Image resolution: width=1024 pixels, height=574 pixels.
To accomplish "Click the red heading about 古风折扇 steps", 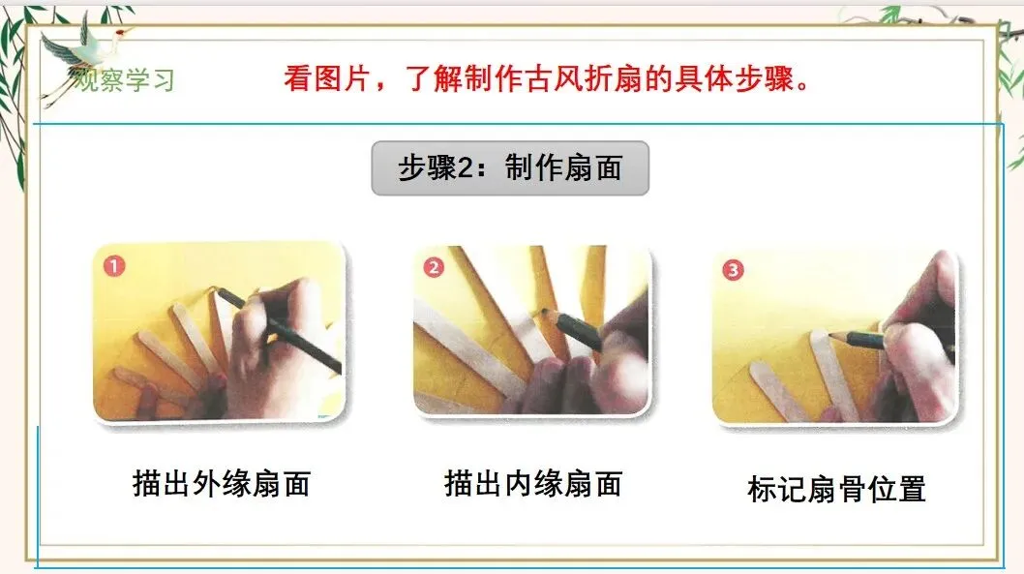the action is coord(547,79).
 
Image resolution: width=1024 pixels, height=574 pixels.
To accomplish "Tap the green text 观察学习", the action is coord(124,80).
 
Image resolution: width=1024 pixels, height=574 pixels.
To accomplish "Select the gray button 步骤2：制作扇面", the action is coord(510,167).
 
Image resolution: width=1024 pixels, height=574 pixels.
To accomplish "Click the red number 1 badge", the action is coord(114,266).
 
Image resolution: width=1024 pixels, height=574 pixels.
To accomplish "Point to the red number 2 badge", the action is coord(434,267).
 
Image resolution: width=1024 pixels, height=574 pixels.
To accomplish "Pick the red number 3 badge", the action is coord(733,270).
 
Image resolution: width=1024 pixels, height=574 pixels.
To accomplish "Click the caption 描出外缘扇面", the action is coord(222,484).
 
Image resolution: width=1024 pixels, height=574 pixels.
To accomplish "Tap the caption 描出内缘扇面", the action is coord(533,484).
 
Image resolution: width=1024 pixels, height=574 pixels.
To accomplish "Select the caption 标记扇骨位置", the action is coord(836,489).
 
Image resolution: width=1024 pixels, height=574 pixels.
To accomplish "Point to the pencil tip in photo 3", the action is coord(830,334).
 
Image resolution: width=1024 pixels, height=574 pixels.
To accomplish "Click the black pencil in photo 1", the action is coord(280,331).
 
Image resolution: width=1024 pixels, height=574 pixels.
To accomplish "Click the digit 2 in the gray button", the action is coord(465,168).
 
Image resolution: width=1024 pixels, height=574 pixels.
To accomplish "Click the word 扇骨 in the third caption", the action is coord(836,489).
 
